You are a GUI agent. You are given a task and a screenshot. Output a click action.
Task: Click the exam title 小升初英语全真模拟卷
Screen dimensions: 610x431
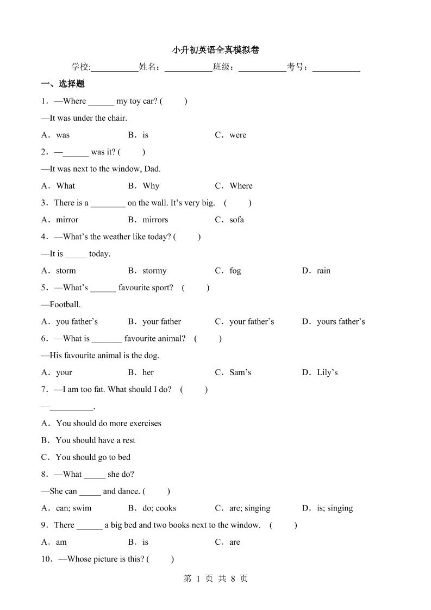[x=216, y=50]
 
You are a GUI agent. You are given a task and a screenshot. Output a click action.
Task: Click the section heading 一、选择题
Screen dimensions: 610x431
[x=63, y=84]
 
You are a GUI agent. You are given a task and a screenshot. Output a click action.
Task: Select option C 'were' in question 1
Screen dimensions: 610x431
[x=231, y=135]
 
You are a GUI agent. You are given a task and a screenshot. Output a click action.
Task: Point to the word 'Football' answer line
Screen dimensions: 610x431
[x=65, y=304]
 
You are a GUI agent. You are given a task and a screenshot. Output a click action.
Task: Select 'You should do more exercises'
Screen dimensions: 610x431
[x=102, y=423]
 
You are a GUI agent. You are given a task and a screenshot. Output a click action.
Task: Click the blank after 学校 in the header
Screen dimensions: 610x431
[x=115, y=67]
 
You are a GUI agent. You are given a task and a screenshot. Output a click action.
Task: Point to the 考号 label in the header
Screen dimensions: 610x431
[x=297, y=67]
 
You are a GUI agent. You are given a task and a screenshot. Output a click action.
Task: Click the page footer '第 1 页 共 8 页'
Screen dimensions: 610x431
[x=216, y=578]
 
